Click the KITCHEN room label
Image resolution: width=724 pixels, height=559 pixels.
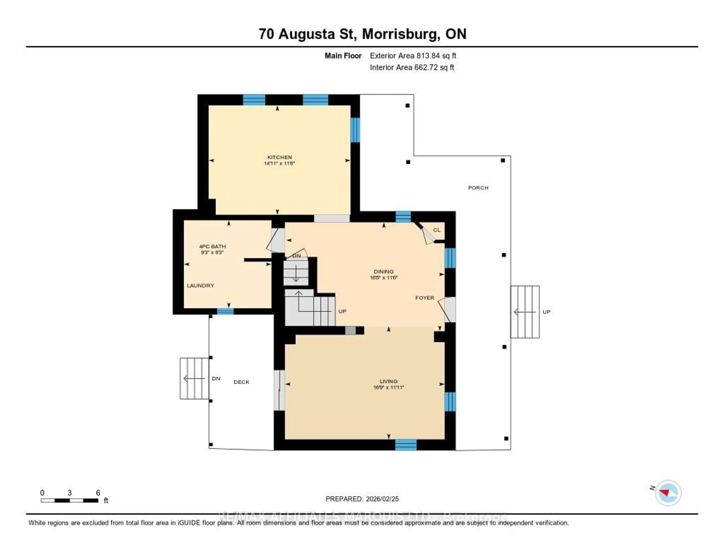coord(279,157)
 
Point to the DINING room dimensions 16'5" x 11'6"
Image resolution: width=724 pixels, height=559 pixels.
coord(383,278)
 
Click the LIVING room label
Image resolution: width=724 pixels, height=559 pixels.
coord(389,381)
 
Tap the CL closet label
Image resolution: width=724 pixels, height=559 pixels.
coord(437,230)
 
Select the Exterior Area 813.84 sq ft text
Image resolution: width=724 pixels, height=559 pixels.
coord(413,56)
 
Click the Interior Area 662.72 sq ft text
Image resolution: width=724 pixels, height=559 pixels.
coord(412,67)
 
